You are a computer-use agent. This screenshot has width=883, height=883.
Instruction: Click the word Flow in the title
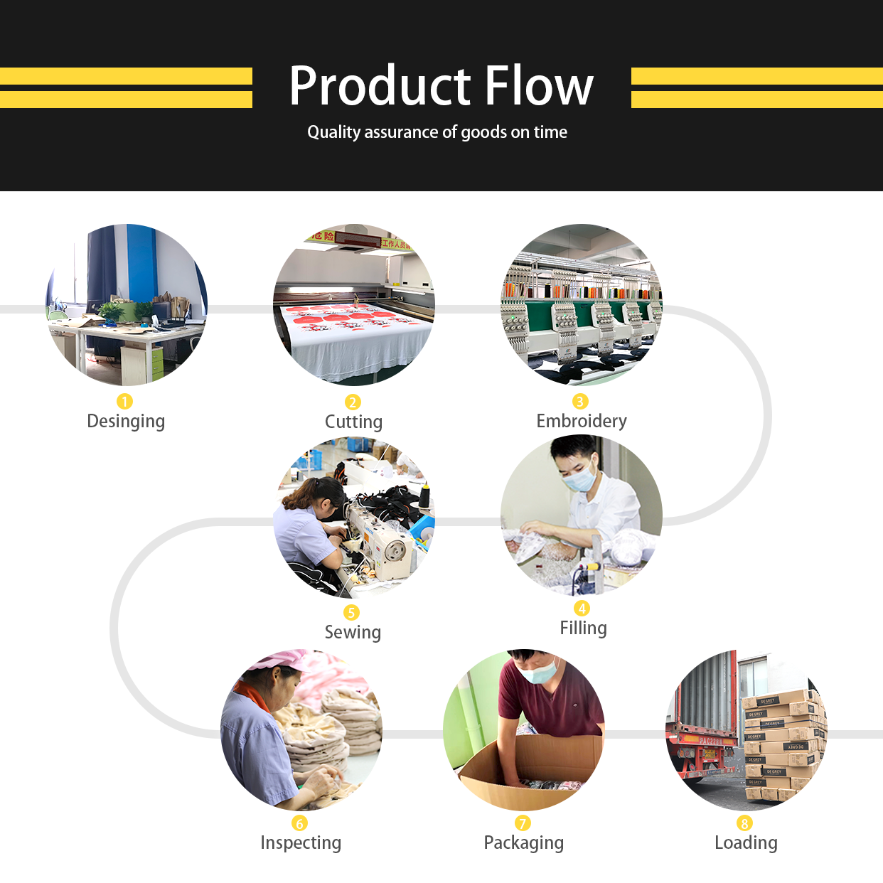coord(540,86)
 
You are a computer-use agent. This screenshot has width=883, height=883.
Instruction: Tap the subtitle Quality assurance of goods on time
coord(437,132)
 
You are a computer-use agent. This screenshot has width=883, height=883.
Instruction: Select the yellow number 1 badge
coord(124,402)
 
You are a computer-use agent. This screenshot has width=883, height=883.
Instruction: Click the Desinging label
coord(126,421)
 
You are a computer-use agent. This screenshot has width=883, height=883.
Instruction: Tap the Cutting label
coord(353,422)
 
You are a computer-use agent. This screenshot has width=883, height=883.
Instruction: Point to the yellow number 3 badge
coord(580,402)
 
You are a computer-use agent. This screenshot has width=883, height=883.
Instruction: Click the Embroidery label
coord(582,421)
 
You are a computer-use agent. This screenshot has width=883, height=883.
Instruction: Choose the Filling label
coord(583,628)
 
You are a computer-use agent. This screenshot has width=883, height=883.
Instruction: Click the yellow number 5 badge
coord(351,613)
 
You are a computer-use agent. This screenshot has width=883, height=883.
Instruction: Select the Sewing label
coord(353,632)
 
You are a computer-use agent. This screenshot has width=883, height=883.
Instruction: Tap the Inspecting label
coord(301,842)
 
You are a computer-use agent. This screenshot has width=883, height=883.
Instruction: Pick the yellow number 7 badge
coord(523,823)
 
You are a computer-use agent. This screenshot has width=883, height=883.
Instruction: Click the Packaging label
coord(524,842)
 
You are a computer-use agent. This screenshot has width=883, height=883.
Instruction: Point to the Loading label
coord(746,842)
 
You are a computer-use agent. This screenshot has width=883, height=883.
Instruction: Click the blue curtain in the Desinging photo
coord(141,263)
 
